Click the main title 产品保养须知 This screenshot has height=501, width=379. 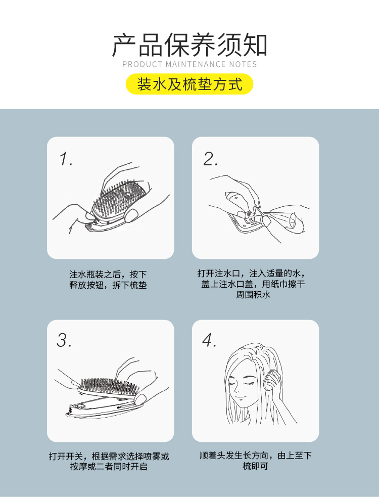pos(189,45)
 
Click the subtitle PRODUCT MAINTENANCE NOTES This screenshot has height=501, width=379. pos(189,64)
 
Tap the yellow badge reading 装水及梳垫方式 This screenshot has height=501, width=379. pos(189,84)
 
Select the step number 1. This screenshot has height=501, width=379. pos(66,159)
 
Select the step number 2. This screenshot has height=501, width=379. pos(211,159)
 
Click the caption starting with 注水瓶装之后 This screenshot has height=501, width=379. pos(108,274)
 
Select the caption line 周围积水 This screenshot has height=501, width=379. pos(253,294)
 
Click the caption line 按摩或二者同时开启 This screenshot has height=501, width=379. pos(109,467)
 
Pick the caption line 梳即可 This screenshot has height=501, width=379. pos(255,466)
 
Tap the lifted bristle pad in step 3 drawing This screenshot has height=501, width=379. pos(110,387)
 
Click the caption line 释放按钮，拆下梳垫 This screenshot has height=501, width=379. pos(108,285)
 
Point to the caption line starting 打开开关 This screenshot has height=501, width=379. pos(109,456)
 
